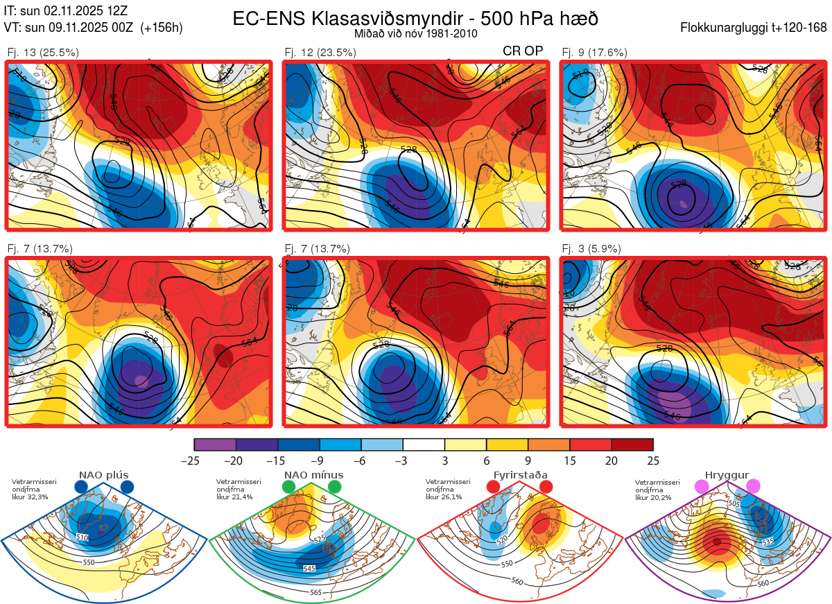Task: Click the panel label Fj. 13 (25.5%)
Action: pos(43,52)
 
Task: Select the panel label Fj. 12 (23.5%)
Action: pos(320,52)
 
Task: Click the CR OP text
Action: pos(523,51)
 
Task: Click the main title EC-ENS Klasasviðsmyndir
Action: pos(416,19)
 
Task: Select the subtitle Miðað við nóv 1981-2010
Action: pos(416,33)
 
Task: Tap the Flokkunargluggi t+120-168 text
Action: pos(754,28)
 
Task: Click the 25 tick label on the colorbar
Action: pos(653,460)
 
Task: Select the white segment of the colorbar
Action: pos(424,445)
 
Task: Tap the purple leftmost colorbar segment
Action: pos(215,445)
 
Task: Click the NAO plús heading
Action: pos(103,475)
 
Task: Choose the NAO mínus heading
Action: pos(313,475)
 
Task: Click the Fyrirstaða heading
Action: pos(520,475)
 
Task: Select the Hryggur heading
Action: pos(727,475)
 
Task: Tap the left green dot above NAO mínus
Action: pos(289,487)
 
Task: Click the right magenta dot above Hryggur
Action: pos(753,487)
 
